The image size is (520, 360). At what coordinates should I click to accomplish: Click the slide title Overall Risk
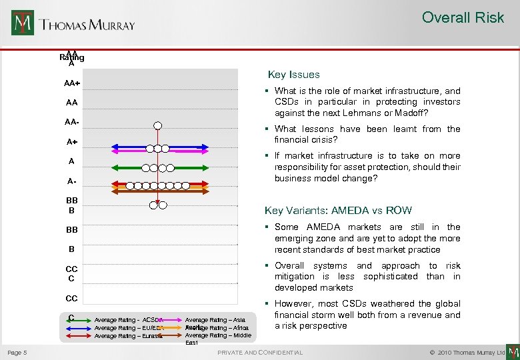coord(463,18)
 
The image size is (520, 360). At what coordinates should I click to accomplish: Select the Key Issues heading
coord(293,75)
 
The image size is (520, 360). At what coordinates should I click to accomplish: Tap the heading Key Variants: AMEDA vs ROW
coord(338,210)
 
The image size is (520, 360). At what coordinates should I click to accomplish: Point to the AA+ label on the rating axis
coord(72,83)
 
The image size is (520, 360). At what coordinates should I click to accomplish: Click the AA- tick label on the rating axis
coord(72,123)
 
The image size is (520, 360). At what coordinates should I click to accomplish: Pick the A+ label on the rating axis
coord(72,142)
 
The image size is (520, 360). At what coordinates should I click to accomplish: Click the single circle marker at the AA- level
coord(157,125)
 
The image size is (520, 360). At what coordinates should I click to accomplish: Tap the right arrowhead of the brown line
coord(231,191)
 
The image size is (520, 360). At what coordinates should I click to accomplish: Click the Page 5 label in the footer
coord(17,352)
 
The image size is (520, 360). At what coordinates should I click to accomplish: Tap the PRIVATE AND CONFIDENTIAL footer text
coord(260,352)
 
